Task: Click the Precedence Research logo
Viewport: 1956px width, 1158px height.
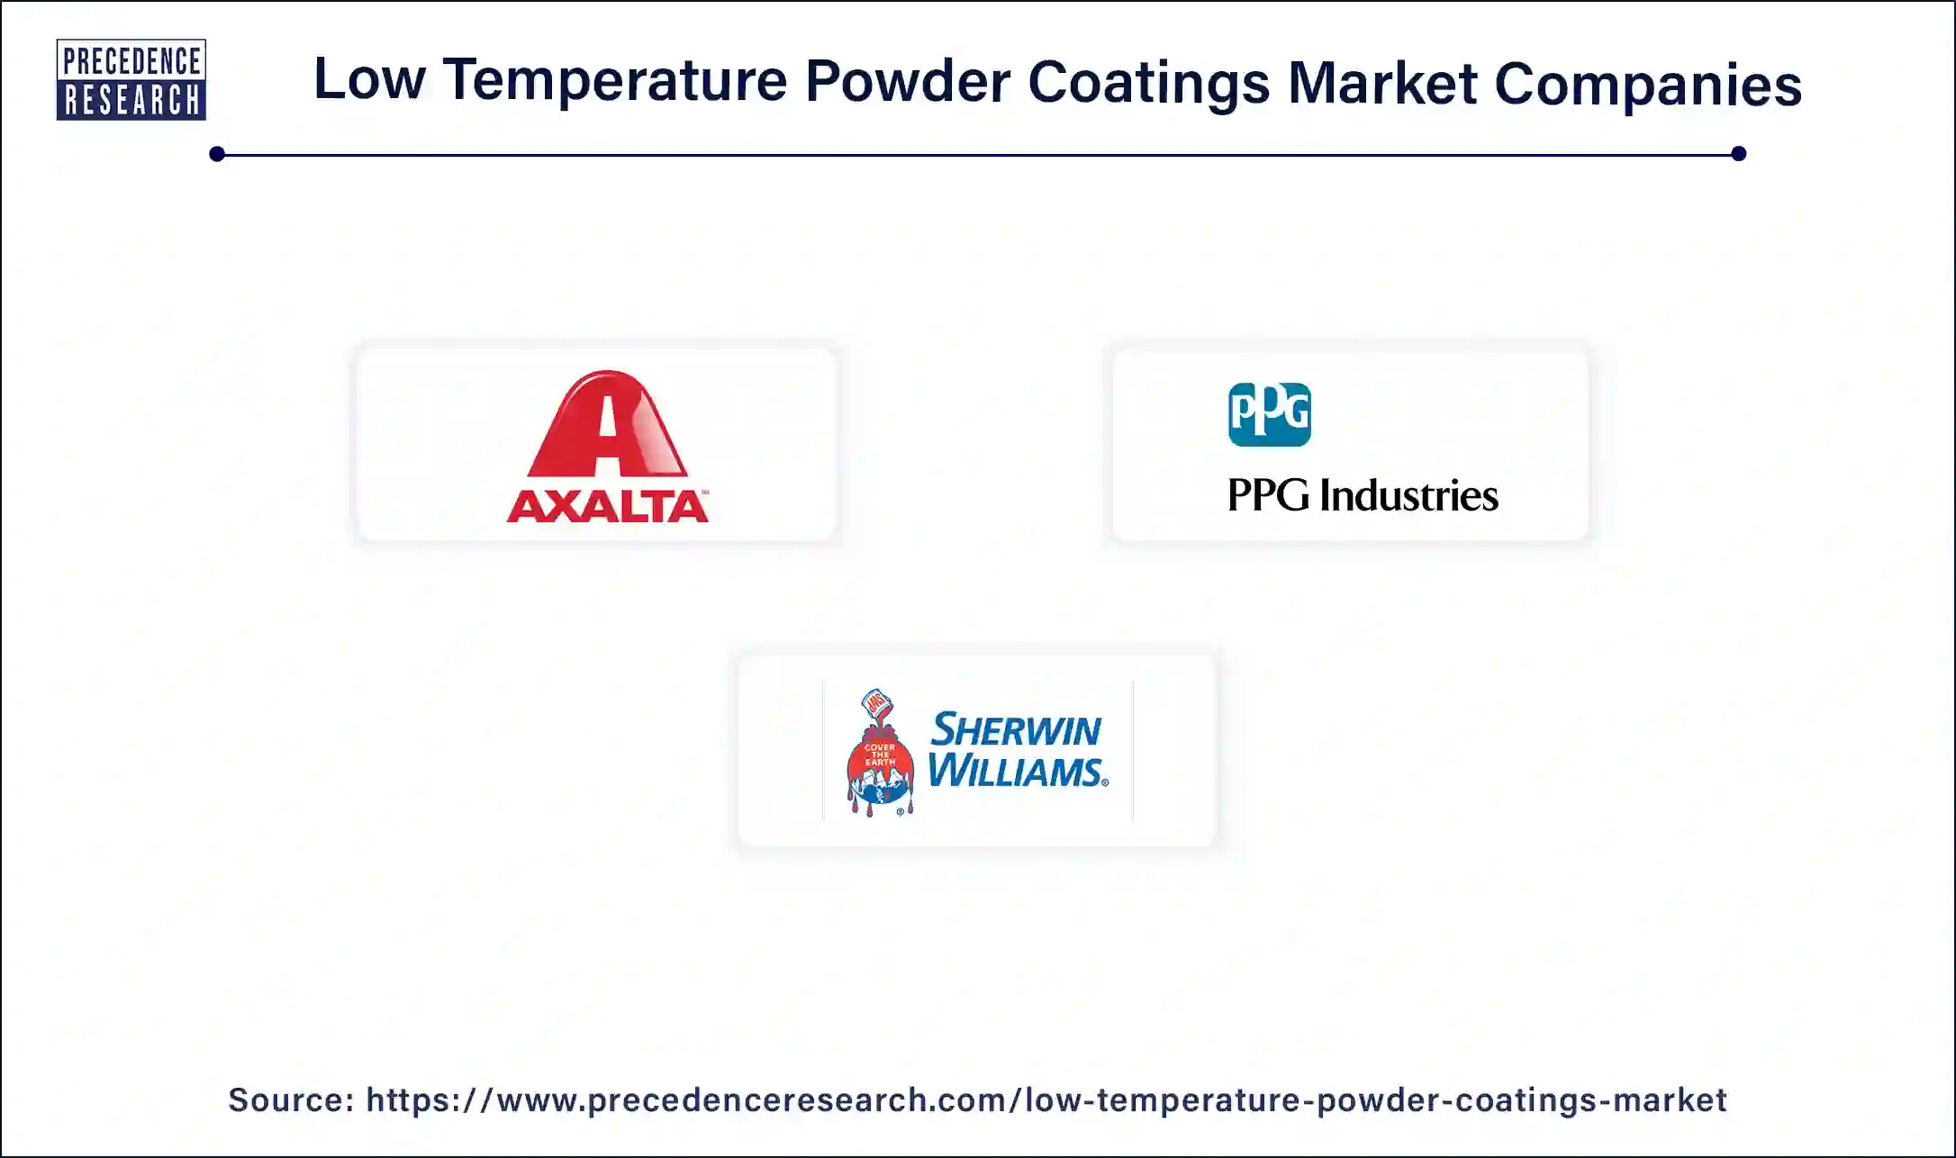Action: coord(131,79)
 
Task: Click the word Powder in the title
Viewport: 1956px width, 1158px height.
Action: coord(907,82)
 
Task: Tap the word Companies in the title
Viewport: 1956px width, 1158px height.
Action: coord(1648,85)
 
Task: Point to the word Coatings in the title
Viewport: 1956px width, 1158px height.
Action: coord(1148,84)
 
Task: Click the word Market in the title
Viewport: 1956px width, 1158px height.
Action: coord(1381,84)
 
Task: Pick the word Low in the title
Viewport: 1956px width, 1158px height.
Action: coord(369,79)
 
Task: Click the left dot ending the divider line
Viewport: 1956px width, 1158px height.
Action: coord(217,154)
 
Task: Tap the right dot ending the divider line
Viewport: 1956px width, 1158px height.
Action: coord(1738,154)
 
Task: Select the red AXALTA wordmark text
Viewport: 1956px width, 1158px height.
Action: coord(607,506)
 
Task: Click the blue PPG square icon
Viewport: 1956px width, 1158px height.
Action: coord(1269,414)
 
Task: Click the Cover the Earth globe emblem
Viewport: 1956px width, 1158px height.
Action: coord(880,772)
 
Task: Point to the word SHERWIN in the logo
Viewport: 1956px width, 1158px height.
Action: coord(1015,729)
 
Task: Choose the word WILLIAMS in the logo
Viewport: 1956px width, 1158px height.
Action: coord(1016,772)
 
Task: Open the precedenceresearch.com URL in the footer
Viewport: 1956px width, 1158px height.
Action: coord(1046,1100)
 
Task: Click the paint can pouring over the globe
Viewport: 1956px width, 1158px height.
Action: coord(876,703)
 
